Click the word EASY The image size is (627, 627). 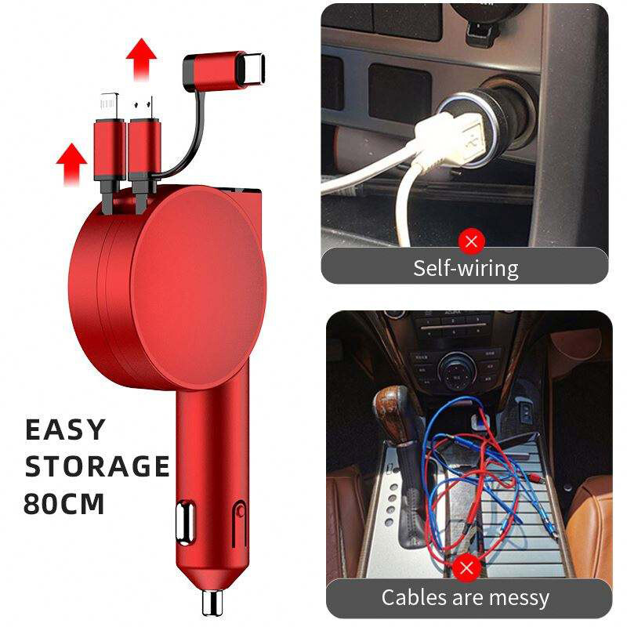(65, 429)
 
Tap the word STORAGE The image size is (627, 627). (97, 466)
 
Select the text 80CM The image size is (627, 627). (64, 502)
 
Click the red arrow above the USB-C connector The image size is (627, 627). (141, 58)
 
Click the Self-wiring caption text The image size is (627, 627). (466, 268)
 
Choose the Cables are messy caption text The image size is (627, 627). (466, 598)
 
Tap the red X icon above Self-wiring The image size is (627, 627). (471, 240)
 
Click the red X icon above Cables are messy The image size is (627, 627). (468, 567)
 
